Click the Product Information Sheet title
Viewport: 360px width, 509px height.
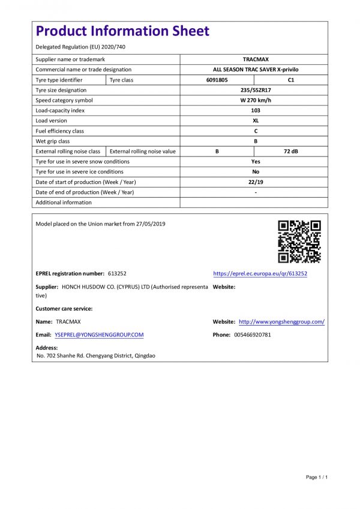(x=122, y=31)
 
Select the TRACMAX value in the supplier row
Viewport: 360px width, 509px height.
(x=255, y=59)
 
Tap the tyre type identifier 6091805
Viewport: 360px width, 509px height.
(x=217, y=80)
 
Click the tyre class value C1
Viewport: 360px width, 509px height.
(x=292, y=80)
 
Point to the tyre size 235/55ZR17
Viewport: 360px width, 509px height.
(x=255, y=90)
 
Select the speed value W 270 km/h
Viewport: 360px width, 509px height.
(x=255, y=100)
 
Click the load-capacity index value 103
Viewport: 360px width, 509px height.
(x=255, y=110)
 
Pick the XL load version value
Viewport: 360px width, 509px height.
(x=255, y=121)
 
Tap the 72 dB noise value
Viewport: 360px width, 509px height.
(x=292, y=151)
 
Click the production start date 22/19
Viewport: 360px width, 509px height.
(x=255, y=182)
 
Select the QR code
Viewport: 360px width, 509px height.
(x=299, y=242)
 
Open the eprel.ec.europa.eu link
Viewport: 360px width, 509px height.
(x=260, y=273)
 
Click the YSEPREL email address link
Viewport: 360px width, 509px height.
(x=99, y=335)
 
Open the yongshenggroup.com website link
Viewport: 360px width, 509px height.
(x=281, y=322)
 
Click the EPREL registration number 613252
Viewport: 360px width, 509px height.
(x=117, y=273)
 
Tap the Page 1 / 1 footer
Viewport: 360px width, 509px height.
(x=317, y=477)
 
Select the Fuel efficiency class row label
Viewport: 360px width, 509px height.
(x=60, y=131)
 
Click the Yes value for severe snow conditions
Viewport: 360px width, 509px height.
(x=255, y=161)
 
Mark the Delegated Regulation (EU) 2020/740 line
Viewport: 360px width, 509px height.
(x=80, y=47)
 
